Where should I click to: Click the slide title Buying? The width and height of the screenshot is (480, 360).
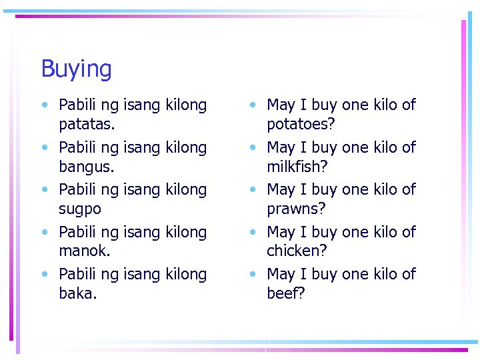76,69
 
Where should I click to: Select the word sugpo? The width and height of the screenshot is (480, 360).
80,209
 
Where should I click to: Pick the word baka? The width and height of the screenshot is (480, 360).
77,293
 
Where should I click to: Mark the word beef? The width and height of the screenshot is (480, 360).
285,293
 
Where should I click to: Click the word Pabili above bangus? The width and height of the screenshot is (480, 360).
77,147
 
